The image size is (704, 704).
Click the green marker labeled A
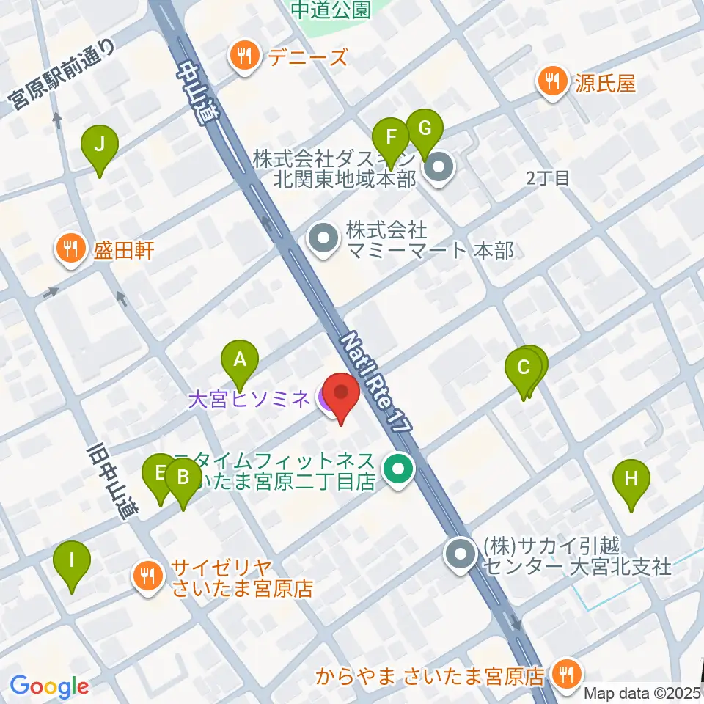tap(240, 359)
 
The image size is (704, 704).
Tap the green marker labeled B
tap(183, 479)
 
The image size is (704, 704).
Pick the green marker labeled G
tap(424, 128)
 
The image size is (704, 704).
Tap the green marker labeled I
tap(72, 561)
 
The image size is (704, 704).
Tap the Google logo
tap(49, 686)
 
